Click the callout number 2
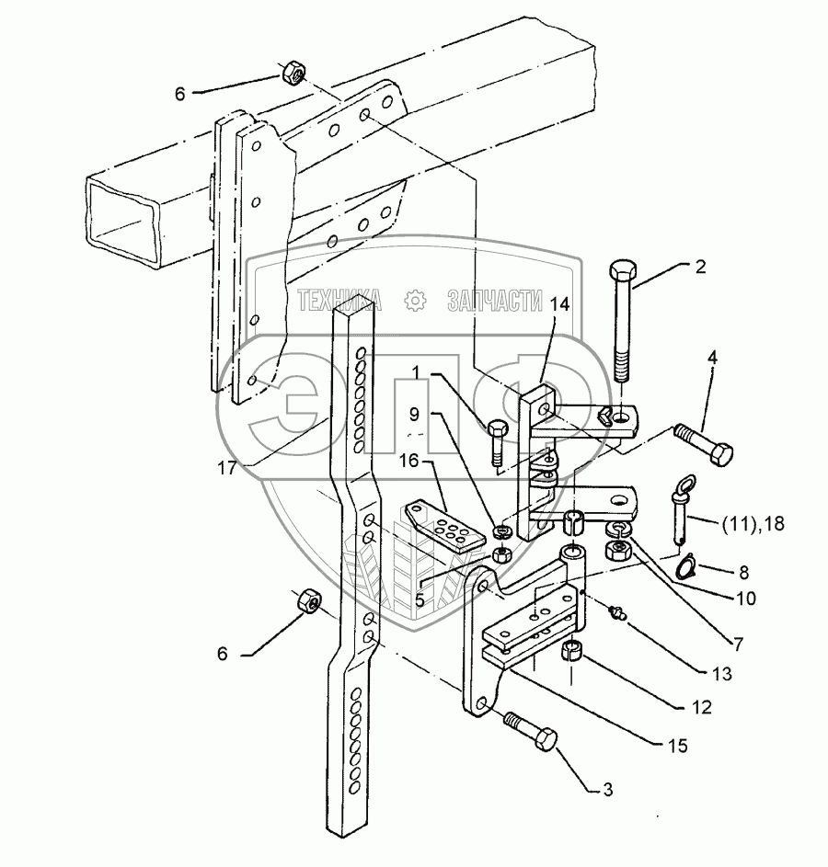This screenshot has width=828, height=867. click(x=700, y=267)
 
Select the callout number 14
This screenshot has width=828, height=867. click(x=559, y=304)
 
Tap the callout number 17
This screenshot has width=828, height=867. click(x=227, y=468)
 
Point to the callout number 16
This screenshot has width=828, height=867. click(x=409, y=460)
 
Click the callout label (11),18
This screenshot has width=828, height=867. click(x=753, y=523)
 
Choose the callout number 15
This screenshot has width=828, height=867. click(x=677, y=746)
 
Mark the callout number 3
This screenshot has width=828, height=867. click(x=608, y=790)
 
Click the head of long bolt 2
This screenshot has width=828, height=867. click(x=623, y=271)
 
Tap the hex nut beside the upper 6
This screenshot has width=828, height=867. click(x=292, y=73)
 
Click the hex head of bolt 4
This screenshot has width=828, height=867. click(x=721, y=454)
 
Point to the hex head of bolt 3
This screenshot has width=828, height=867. click(x=545, y=738)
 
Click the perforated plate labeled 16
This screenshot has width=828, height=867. click(x=438, y=524)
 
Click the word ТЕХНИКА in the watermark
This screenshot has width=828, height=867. click(x=339, y=302)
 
